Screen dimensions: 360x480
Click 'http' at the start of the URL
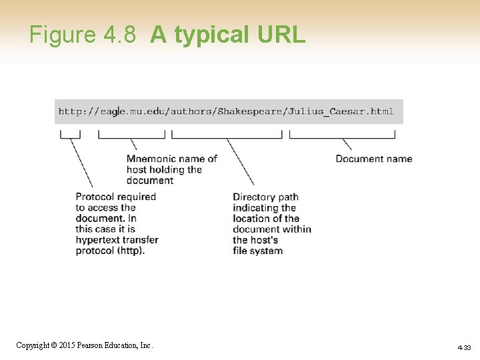tap(69, 111)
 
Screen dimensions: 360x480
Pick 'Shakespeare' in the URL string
tap(251, 111)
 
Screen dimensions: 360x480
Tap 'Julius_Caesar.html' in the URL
tap(341, 111)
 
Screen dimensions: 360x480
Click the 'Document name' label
tap(373, 159)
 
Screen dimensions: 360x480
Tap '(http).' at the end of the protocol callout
tap(128, 251)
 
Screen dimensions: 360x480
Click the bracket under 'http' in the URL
tap(70, 135)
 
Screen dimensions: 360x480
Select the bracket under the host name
tap(131, 135)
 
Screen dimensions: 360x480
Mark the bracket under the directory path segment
tap(227, 135)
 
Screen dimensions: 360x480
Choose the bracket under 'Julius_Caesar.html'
tap(342, 135)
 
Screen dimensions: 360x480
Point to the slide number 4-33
tap(464, 347)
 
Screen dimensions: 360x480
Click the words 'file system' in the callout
tap(257, 251)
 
